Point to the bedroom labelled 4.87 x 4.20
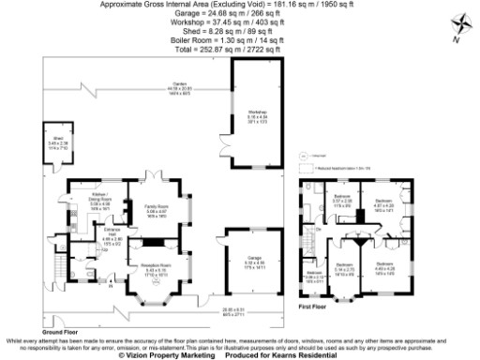tap(384, 206)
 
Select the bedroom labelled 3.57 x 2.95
tap(341, 201)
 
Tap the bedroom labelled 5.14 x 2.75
tap(344, 268)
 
